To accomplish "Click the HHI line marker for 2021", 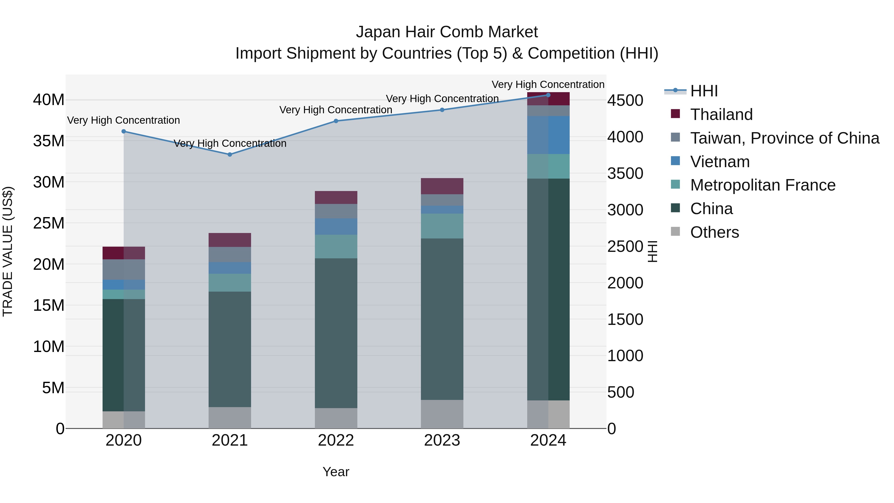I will (x=230, y=155).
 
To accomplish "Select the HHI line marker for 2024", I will (x=548, y=95).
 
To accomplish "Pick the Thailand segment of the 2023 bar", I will (x=442, y=186).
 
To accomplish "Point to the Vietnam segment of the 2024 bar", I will (x=548, y=135).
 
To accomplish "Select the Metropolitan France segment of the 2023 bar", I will (x=442, y=226).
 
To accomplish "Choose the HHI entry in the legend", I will (x=704, y=91).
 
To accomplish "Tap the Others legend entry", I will (x=714, y=232).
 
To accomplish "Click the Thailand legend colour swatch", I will (x=675, y=114).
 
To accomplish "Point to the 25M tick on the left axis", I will (x=49, y=223).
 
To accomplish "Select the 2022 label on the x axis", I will (x=336, y=440).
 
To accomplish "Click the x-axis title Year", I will (x=336, y=472).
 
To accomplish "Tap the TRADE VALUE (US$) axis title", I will (x=8, y=251).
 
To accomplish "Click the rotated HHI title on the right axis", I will (x=652, y=251).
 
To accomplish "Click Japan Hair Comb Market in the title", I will (x=447, y=32).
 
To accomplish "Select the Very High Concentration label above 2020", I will (x=124, y=120).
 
